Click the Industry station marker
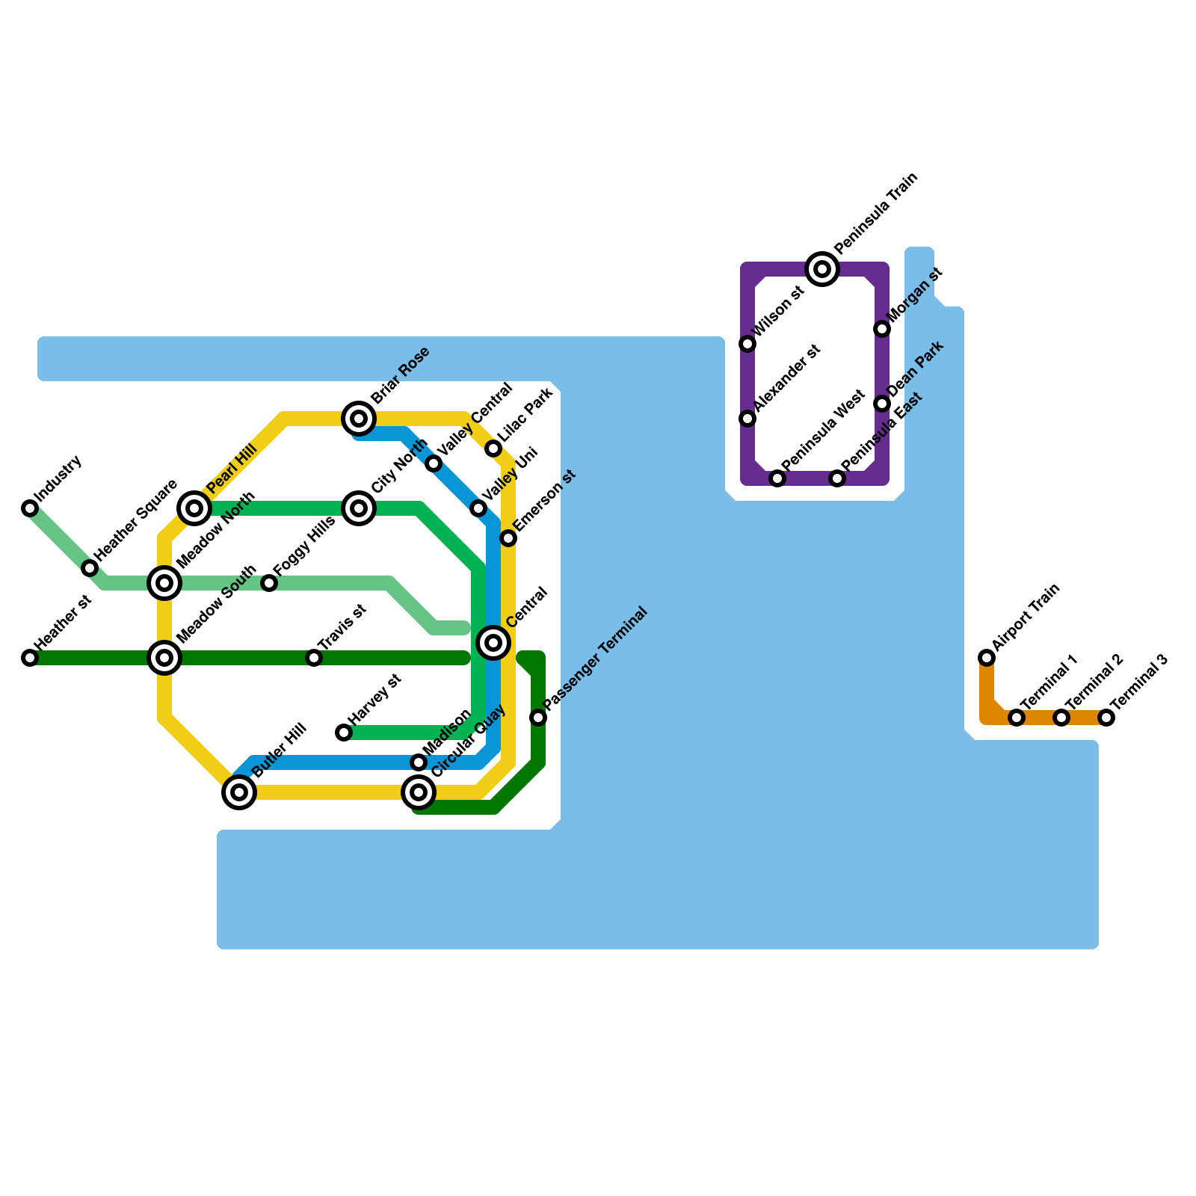coord(30,508)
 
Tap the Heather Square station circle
coord(90,568)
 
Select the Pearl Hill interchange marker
coord(194,508)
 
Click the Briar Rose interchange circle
coord(359,419)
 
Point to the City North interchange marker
coord(359,508)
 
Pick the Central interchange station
coord(493,643)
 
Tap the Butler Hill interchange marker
coord(239,792)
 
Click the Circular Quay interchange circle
coord(419,792)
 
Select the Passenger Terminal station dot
coord(538,718)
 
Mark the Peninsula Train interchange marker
coord(822,269)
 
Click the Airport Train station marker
coord(987,658)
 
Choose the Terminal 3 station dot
coord(1106,718)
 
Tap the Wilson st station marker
coord(747,344)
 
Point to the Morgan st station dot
coord(882,329)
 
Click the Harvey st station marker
coord(344,733)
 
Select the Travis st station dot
coord(314,658)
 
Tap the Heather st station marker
coord(30,658)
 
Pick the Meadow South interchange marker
coord(164,658)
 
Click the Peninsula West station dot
coord(777,478)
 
